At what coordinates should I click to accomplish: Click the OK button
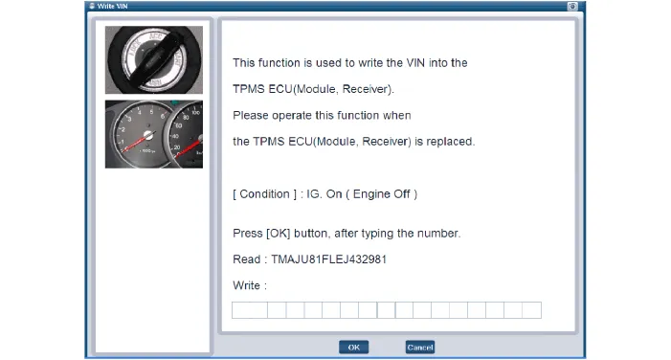[x=353, y=348]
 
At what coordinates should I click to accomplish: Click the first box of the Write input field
[x=250, y=310]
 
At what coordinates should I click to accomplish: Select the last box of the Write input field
[x=532, y=310]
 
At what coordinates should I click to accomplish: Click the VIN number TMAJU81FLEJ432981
[x=328, y=259]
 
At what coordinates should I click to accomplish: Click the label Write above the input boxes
[x=247, y=285]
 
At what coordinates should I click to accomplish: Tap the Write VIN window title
[x=112, y=6]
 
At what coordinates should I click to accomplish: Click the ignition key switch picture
[x=154, y=60]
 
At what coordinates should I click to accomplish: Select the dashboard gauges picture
[x=154, y=134]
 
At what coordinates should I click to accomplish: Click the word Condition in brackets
[x=264, y=194]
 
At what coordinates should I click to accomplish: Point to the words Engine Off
[x=381, y=194]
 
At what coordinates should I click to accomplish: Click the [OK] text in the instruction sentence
[x=279, y=234]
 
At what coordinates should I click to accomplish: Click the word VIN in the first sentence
[x=415, y=63]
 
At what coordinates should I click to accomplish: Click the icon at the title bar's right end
[x=572, y=6]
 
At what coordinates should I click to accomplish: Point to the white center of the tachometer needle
[x=148, y=135]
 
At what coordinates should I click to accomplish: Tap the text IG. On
[x=324, y=194]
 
